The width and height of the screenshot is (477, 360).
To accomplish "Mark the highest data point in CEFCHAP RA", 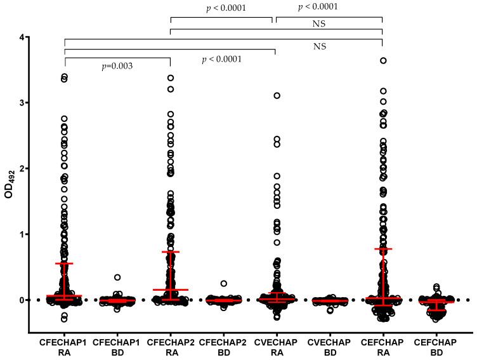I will pyautogui.click(x=383, y=61).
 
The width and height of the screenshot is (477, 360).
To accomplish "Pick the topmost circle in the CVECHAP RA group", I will pyautogui.click(x=277, y=96).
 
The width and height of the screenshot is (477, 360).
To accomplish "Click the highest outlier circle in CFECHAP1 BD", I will pyautogui.click(x=117, y=277).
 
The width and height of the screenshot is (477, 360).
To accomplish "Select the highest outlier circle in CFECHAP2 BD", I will pyautogui.click(x=223, y=284).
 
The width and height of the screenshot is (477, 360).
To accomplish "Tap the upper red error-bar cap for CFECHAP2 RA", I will pyautogui.click(x=171, y=252).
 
